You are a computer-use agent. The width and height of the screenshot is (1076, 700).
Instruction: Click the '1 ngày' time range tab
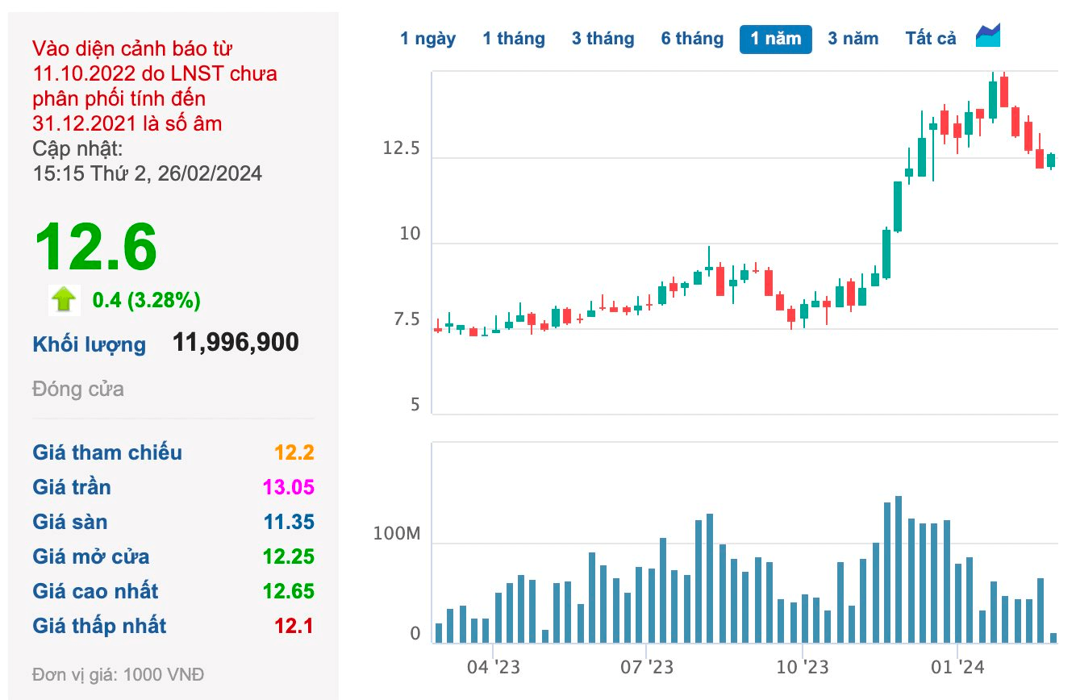(x=427, y=39)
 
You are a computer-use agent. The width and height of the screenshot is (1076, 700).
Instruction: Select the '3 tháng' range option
(x=603, y=39)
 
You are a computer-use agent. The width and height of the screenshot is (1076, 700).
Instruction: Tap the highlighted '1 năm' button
(x=775, y=39)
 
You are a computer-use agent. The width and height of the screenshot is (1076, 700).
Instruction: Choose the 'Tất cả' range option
(x=930, y=39)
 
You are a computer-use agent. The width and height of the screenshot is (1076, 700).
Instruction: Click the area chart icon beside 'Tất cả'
(x=988, y=36)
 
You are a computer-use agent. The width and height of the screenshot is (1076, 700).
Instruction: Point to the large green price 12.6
(x=95, y=248)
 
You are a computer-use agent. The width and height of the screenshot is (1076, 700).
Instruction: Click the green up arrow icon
(x=63, y=300)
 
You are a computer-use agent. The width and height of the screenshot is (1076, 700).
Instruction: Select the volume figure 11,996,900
(x=236, y=342)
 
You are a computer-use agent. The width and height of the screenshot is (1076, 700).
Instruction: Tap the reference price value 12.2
(x=294, y=452)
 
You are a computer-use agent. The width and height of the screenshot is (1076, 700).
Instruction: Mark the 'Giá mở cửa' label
(x=90, y=556)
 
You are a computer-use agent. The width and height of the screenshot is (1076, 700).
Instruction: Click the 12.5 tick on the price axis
(x=402, y=149)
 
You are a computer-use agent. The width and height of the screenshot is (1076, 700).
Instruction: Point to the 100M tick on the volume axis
(x=398, y=535)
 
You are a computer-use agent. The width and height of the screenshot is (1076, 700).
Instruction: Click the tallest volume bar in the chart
(x=899, y=569)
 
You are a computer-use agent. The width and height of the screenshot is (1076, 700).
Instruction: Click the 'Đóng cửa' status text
(x=78, y=389)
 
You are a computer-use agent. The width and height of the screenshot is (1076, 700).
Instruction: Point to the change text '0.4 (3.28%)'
(x=146, y=301)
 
